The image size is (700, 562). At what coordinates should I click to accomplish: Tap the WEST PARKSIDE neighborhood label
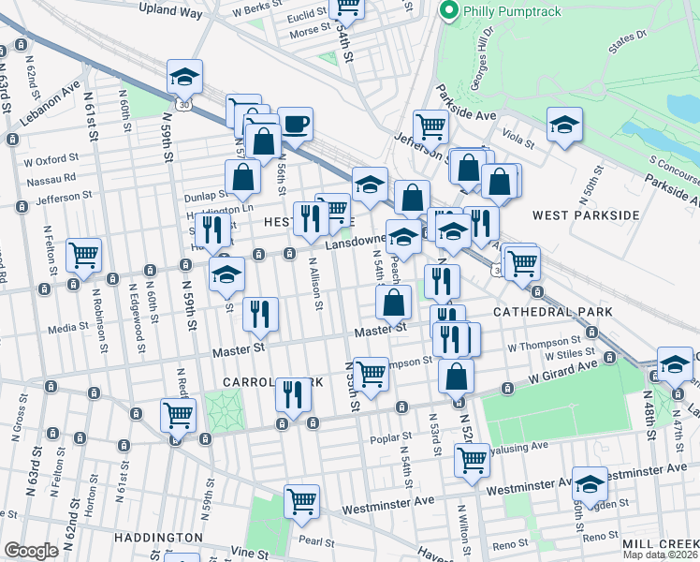click(585, 215)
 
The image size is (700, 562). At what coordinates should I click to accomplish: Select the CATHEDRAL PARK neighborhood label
click(552, 311)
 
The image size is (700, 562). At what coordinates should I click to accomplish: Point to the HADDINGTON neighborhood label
click(158, 538)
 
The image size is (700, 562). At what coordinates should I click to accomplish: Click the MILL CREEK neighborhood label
click(662, 543)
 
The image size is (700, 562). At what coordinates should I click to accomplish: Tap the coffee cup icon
click(296, 124)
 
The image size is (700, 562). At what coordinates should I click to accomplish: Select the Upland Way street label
click(170, 10)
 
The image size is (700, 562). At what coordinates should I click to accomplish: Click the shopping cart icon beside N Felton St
click(84, 255)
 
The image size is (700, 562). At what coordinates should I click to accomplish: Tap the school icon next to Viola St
click(564, 126)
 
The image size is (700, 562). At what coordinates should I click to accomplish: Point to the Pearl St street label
click(317, 540)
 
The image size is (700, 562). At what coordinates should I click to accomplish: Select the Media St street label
click(67, 329)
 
